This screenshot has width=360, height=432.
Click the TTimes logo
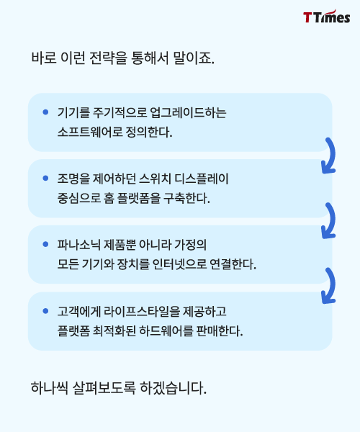coord(327,17)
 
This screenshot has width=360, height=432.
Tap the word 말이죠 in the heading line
coord(194,58)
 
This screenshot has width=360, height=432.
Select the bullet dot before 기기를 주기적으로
coord(46,112)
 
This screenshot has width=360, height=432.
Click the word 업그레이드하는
coord(188,112)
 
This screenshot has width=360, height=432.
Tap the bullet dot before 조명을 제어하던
coord(46,179)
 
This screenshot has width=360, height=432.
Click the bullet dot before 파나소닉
coord(46,244)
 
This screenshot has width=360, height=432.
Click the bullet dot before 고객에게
coord(46,311)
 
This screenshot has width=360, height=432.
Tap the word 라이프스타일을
coord(142,311)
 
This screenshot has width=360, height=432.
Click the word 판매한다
coord(220,330)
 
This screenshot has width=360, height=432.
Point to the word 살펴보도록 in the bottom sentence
coord(104,388)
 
